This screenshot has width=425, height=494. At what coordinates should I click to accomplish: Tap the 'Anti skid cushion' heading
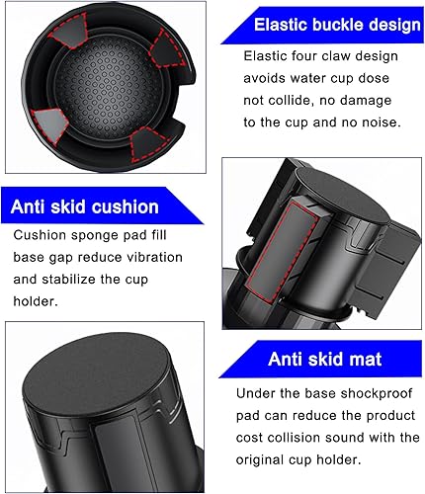pos(84,206)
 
